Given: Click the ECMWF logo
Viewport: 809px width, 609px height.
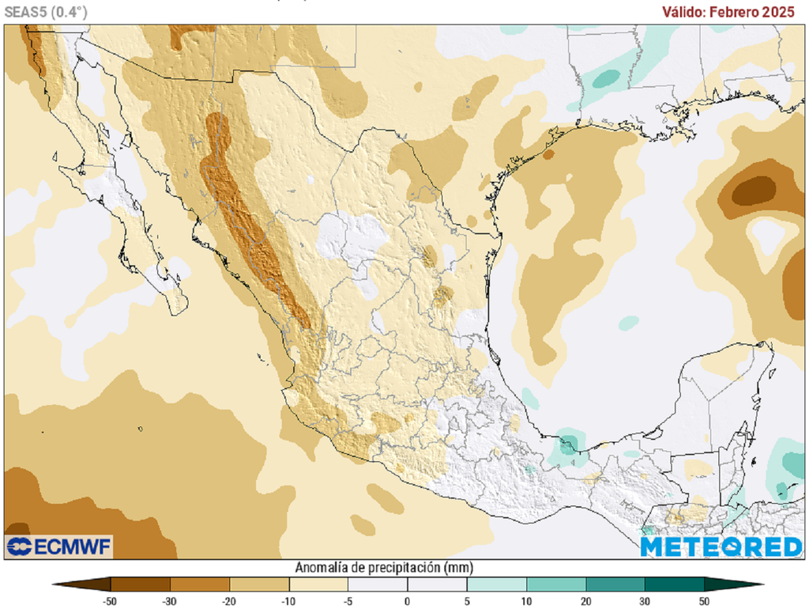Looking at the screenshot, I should coord(59,546).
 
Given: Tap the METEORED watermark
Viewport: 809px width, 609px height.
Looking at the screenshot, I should coord(721,547).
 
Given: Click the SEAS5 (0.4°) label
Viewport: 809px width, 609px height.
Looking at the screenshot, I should coord(45,11).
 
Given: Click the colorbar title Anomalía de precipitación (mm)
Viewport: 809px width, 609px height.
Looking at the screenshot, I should coord(384,567).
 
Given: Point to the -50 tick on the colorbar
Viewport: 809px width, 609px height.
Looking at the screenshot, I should coord(111,601).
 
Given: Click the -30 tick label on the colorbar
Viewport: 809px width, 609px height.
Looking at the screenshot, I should coord(170,601).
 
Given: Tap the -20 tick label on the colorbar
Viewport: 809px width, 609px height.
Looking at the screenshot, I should coord(229,601).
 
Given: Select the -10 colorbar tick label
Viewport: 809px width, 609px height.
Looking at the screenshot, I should coord(288,601).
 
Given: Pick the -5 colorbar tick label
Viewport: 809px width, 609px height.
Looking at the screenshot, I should coord(348,601).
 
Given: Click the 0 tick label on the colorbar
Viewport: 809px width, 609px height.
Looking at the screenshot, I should coord(408,601).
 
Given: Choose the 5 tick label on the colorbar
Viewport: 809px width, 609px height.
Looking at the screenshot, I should coord(467,601).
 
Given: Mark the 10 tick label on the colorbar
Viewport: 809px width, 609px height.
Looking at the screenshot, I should coord(526,601).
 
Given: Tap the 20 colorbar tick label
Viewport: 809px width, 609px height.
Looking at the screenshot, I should coord(585,601).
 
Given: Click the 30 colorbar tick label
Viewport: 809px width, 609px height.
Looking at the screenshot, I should coord(645,601).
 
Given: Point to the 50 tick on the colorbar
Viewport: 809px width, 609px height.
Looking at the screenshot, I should coord(704,601).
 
